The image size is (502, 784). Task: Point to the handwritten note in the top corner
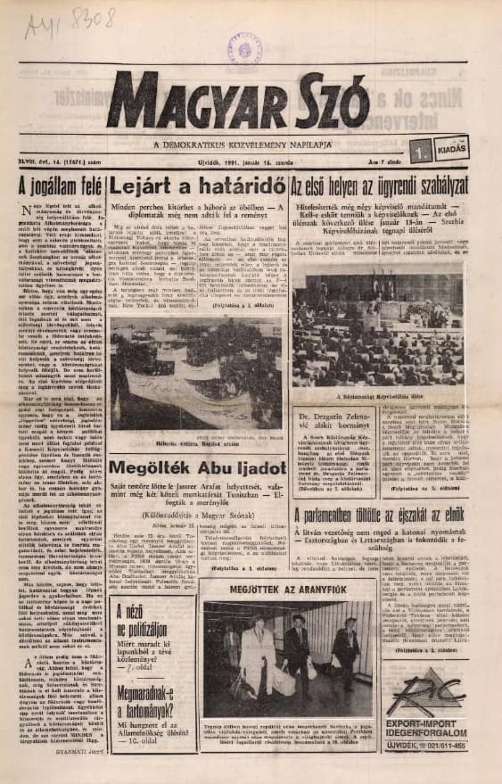[x=76, y=19]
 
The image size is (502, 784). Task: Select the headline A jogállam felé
[x=60, y=187]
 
